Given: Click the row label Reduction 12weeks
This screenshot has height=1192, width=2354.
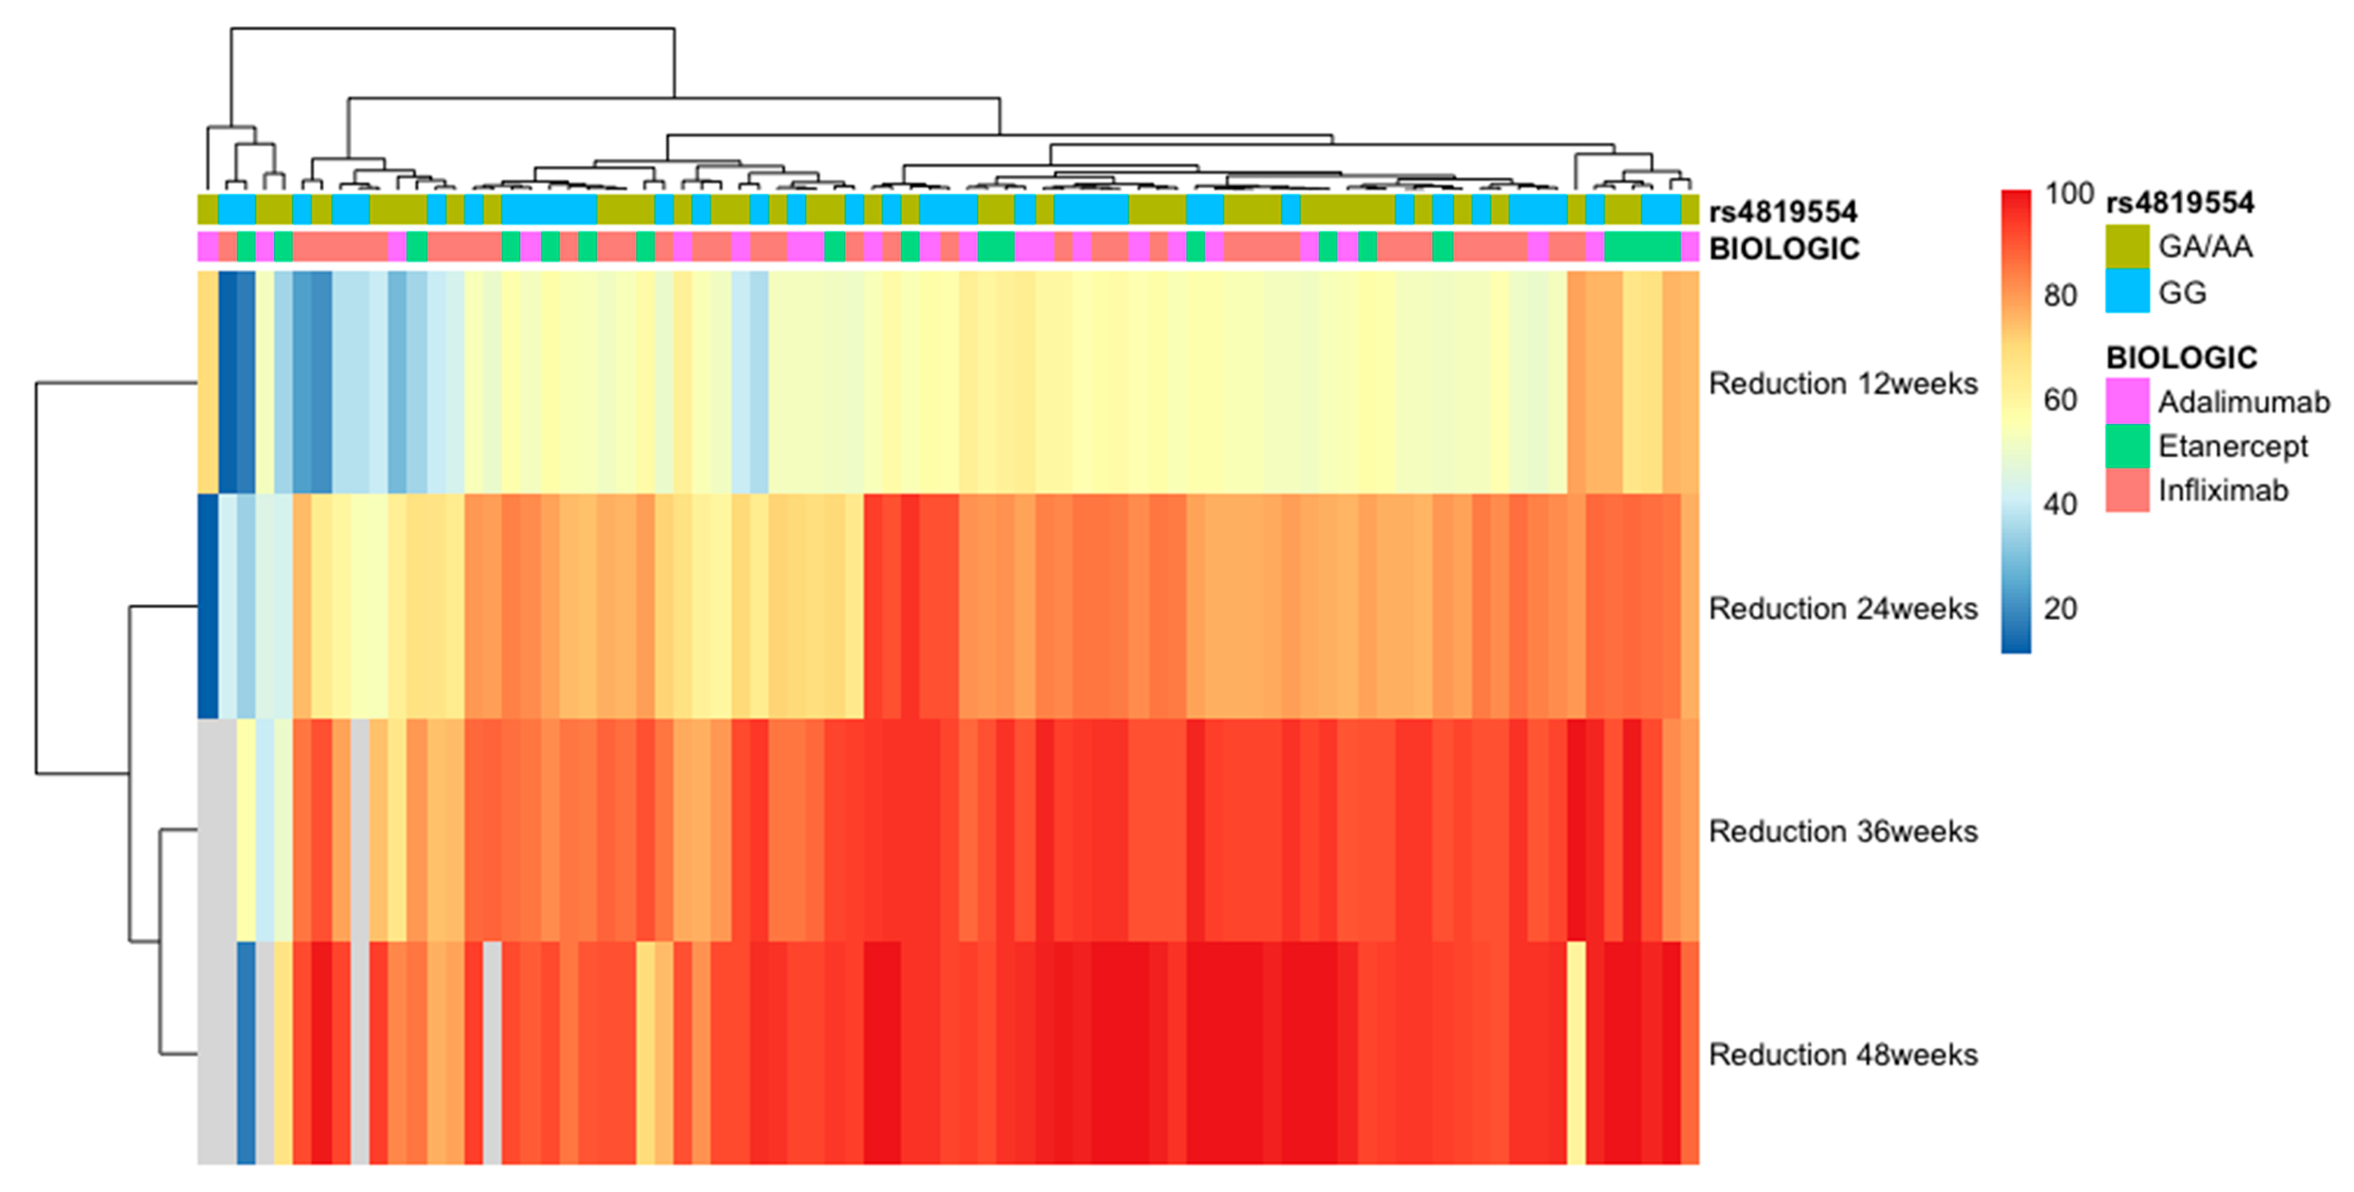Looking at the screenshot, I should (x=1842, y=384).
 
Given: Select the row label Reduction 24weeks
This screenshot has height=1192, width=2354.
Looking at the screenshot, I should (x=1842, y=608).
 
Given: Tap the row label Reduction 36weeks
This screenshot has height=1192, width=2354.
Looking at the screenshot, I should (x=1842, y=831).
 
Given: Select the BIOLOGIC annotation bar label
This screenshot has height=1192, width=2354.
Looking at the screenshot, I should (x=1784, y=249).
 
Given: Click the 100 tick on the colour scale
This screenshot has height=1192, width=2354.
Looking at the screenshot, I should (x=2069, y=194).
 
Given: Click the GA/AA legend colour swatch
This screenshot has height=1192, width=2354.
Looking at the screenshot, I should (x=2127, y=246).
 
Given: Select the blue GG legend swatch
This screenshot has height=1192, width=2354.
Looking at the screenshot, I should (x=2127, y=292).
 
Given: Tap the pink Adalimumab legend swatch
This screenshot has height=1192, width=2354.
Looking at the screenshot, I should (x=2127, y=401).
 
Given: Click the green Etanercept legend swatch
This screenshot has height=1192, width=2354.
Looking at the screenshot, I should (x=2127, y=446).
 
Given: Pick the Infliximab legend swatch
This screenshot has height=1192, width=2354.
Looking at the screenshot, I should (x=2127, y=491).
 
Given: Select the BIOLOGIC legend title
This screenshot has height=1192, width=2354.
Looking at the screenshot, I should (x=2182, y=357).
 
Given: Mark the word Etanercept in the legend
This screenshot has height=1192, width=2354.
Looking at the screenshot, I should (x=2233, y=446).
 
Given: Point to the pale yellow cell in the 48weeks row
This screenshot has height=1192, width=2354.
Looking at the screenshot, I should (x=1576, y=1052).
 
